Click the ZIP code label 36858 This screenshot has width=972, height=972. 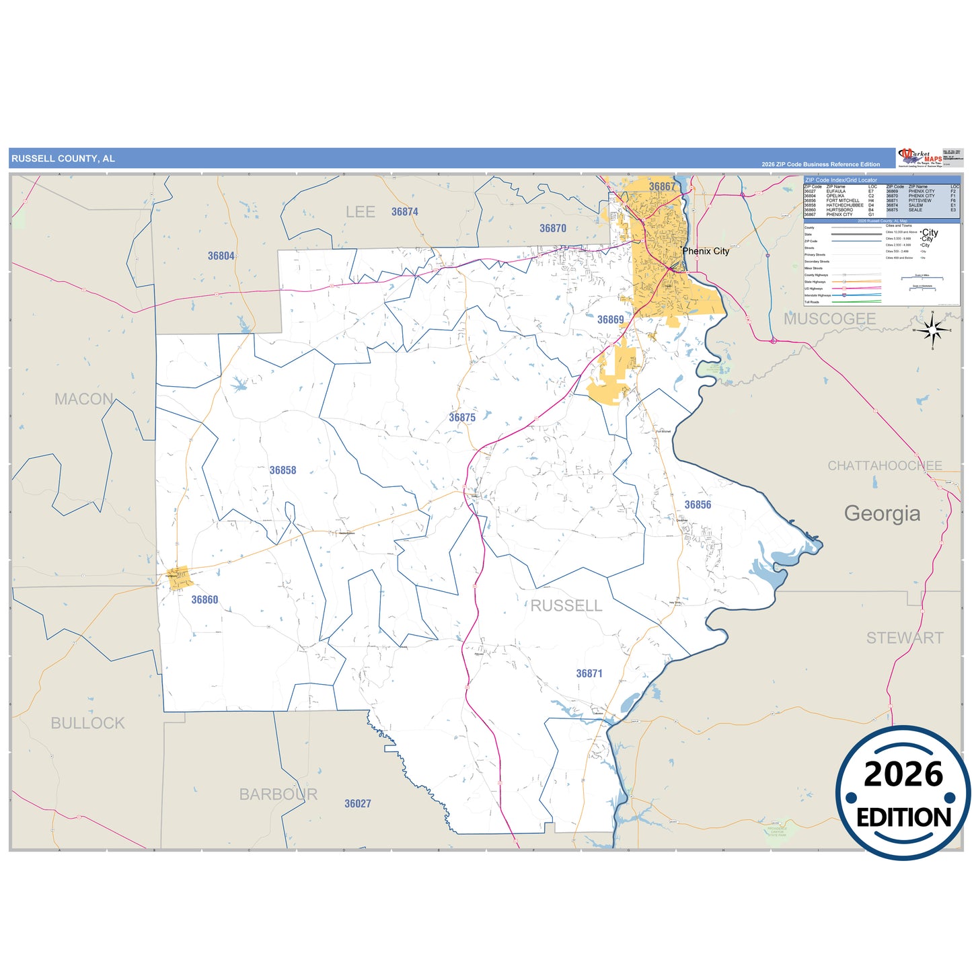point(283,470)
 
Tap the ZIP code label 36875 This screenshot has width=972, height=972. point(462,418)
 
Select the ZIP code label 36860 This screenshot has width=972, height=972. point(204,599)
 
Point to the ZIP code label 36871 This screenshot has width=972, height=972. point(589,673)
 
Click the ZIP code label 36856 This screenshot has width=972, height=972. point(698,504)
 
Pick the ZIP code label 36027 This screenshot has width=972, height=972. point(357,803)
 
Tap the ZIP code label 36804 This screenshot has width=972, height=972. point(221,256)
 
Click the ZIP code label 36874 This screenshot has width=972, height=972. point(404,212)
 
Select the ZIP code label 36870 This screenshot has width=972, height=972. point(552,229)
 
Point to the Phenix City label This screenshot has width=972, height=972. point(706,251)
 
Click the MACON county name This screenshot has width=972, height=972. point(84,399)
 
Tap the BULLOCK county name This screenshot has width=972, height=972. point(87,723)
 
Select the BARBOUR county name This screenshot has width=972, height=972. point(278,794)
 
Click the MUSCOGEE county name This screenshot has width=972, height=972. point(829,319)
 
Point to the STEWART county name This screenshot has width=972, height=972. point(904,638)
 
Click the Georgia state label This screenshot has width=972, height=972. point(882,513)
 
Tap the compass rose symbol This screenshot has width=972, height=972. point(932,330)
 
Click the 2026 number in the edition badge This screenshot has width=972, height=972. point(903,774)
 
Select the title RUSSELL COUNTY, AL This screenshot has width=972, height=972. point(63,159)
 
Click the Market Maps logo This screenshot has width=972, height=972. point(919,158)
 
